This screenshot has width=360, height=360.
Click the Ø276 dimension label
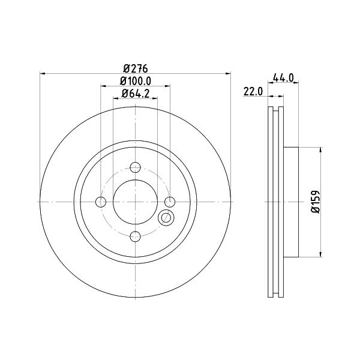(135, 68)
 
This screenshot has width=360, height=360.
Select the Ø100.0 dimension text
(136, 81)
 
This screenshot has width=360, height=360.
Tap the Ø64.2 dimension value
(136, 94)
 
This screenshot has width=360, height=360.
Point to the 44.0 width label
(283, 78)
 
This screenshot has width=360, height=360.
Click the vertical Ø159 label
(315, 202)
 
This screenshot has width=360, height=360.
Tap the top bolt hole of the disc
(135, 167)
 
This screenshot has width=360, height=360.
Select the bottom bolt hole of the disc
(135, 236)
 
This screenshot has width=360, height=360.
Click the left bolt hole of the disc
(101, 202)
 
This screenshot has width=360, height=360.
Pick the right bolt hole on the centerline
(170, 202)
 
